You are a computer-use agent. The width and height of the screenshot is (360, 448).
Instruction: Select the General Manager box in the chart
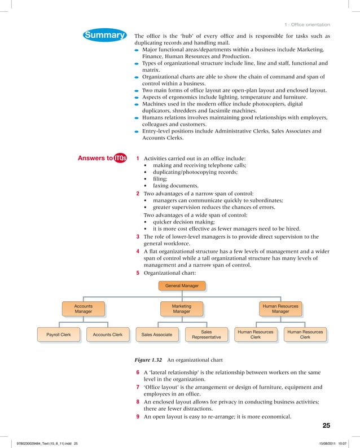click(x=182, y=286)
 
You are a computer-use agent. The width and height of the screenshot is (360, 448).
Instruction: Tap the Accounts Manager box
click(x=84, y=308)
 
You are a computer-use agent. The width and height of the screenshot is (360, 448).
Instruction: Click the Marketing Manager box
click(x=182, y=308)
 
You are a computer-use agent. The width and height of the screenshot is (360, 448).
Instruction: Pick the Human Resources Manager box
click(x=280, y=308)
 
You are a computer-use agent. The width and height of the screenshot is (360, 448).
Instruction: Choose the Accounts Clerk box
click(x=108, y=335)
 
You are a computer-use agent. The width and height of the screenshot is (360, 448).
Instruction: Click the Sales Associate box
click(x=157, y=335)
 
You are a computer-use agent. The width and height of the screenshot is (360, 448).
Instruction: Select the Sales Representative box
click(x=206, y=335)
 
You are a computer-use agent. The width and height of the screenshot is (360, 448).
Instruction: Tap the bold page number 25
click(x=326, y=425)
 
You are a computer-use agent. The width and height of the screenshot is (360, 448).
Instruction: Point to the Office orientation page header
click(x=308, y=24)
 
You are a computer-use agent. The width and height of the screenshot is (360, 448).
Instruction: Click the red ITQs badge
click(x=120, y=159)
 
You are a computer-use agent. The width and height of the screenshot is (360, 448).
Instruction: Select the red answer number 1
click(x=138, y=159)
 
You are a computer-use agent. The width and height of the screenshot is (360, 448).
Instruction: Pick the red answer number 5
click(x=138, y=273)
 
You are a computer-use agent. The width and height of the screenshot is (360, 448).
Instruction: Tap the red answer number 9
click(x=138, y=417)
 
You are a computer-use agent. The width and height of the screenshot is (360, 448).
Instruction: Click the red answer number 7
click(x=138, y=388)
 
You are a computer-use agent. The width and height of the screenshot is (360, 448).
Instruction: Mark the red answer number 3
click(x=138, y=236)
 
